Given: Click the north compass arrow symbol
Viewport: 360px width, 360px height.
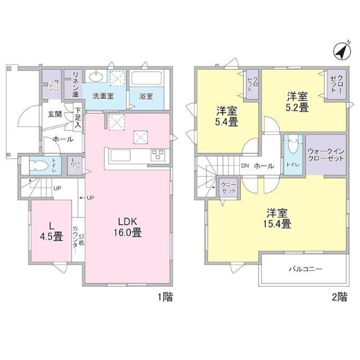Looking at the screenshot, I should (x=340, y=52).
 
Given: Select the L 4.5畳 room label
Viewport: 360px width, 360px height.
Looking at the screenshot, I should (x=51, y=231).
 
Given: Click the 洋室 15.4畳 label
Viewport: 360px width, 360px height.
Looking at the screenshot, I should (x=278, y=218).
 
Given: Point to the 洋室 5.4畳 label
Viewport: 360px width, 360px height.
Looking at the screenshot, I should (x=224, y=115).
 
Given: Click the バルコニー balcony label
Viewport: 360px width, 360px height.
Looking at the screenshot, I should (x=304, y=269).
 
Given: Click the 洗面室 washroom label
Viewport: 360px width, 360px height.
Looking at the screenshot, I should (x=102, y=96).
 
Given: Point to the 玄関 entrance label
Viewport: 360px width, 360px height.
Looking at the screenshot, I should (x=55, y=114).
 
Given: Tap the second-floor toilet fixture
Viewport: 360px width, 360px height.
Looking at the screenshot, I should (x=292, y=148).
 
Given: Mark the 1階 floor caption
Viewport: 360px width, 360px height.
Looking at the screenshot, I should (x=164, y=297).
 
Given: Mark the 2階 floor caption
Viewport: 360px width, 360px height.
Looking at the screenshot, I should (x=339, y=297).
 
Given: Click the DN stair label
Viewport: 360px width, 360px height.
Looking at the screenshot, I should (x=245, y=166).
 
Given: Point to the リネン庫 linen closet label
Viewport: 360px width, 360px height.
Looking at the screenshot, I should (x=73, y=83).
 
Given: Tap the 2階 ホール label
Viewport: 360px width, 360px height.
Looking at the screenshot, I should (x=264, y=166).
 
